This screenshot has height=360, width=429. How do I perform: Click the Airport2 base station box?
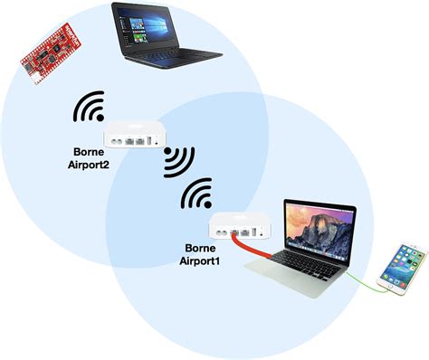[x=134, y=138]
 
